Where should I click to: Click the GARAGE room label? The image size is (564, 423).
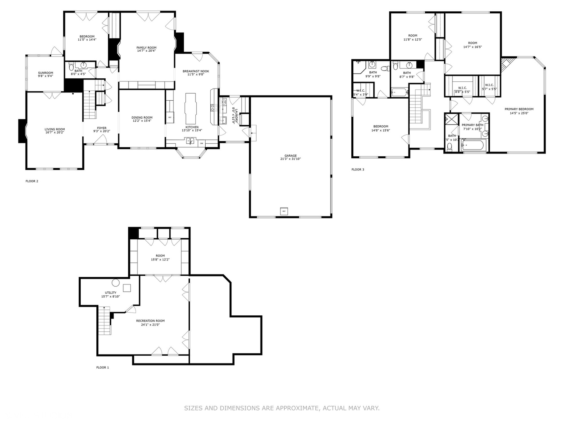coord(291,155)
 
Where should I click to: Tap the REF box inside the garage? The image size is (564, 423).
coord(284,211)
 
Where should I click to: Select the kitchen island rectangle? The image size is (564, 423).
coord(191,108)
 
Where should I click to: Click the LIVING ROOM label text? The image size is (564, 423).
coord(55,129)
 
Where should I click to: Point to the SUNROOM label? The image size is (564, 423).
coord(45,73)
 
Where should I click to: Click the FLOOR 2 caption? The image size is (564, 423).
coord(32,181)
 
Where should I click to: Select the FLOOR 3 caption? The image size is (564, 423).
coord(358,170)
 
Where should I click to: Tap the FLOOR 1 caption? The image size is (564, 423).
coord(103,367)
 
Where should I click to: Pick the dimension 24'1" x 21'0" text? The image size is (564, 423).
coord(150,325)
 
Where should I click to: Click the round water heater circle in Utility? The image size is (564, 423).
coord(116,282)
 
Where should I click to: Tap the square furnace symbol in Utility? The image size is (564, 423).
coord(127,288)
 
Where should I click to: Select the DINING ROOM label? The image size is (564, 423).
coord(142,117)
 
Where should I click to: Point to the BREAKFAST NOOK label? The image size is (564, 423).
coord(196,71)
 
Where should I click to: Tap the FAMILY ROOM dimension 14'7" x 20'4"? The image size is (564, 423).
coord(146,51)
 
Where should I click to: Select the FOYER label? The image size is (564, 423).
coord(101,128)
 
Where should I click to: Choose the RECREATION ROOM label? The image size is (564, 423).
coord(150,321)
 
